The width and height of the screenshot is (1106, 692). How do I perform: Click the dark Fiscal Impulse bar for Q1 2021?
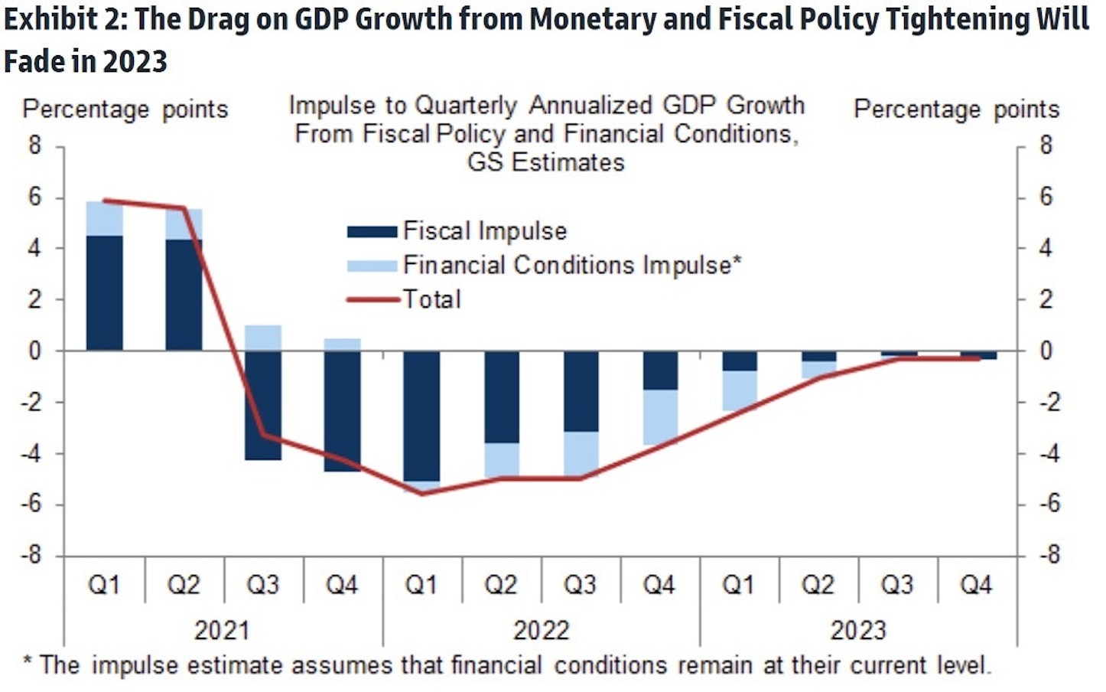tap(104, 292)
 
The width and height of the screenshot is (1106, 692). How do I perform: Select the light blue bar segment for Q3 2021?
tap(263, 338)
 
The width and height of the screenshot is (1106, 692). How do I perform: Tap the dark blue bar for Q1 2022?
tap(421, 416)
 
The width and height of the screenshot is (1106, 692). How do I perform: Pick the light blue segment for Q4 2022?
tap(659, 417)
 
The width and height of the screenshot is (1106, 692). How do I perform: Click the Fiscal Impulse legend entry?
tap(457, 230)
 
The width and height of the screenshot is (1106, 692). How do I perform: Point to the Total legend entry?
tap(405, 299)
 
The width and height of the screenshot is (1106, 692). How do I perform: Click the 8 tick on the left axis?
tap(35, 145)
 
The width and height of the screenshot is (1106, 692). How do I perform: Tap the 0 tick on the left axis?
tap(35, 351)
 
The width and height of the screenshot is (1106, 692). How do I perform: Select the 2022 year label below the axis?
tap(541, 631)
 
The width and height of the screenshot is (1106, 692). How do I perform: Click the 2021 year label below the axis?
tap(222, 631)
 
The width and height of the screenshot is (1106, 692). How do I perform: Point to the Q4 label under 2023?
tap(976, 586)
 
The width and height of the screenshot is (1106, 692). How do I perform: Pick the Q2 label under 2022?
tap(501, 586)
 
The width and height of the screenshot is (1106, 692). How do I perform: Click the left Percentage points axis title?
tap(125, 109)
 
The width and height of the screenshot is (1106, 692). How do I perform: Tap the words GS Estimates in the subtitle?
tap(545, 162)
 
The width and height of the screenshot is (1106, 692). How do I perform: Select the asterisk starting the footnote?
tap(27, 661)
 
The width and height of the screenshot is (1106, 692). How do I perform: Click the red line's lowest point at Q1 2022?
tap(421, 493)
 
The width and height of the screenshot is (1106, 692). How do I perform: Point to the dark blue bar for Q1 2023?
tap(740, 361)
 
